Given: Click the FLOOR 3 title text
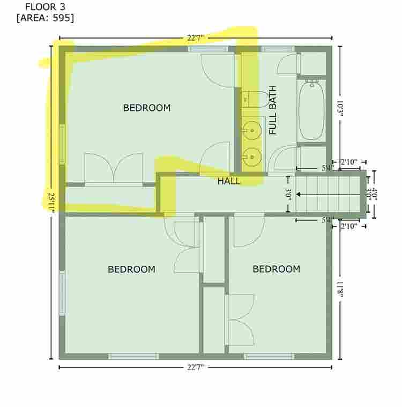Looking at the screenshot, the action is [x=45, y=7].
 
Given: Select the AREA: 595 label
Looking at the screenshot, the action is [x=45, y=18].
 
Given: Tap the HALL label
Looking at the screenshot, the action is [x=229, y=181].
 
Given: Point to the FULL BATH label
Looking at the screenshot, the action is [x=272, y=110].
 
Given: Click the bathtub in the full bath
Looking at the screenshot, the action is [x=311, y=110].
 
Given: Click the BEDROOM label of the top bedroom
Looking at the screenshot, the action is [x=147, y=108].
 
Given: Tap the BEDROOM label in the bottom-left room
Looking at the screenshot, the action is [x=131, y=269].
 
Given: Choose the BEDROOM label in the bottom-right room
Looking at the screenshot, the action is [x=277, y=269].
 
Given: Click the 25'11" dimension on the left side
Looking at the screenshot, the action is [x=51, y=203].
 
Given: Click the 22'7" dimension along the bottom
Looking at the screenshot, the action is [x=195, y=367].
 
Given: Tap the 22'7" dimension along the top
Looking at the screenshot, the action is [x=195, y=38].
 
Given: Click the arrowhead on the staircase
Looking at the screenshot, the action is [x=299, y=195].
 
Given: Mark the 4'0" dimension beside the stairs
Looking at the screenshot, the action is [x=374, y=194].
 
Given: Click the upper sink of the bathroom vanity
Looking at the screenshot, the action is [x=251, y=130].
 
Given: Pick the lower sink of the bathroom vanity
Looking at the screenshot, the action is [x=251, y=157].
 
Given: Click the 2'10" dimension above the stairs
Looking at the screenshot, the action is [x=349, y=162].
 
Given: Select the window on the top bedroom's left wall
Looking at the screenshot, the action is [x=62, y=144].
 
